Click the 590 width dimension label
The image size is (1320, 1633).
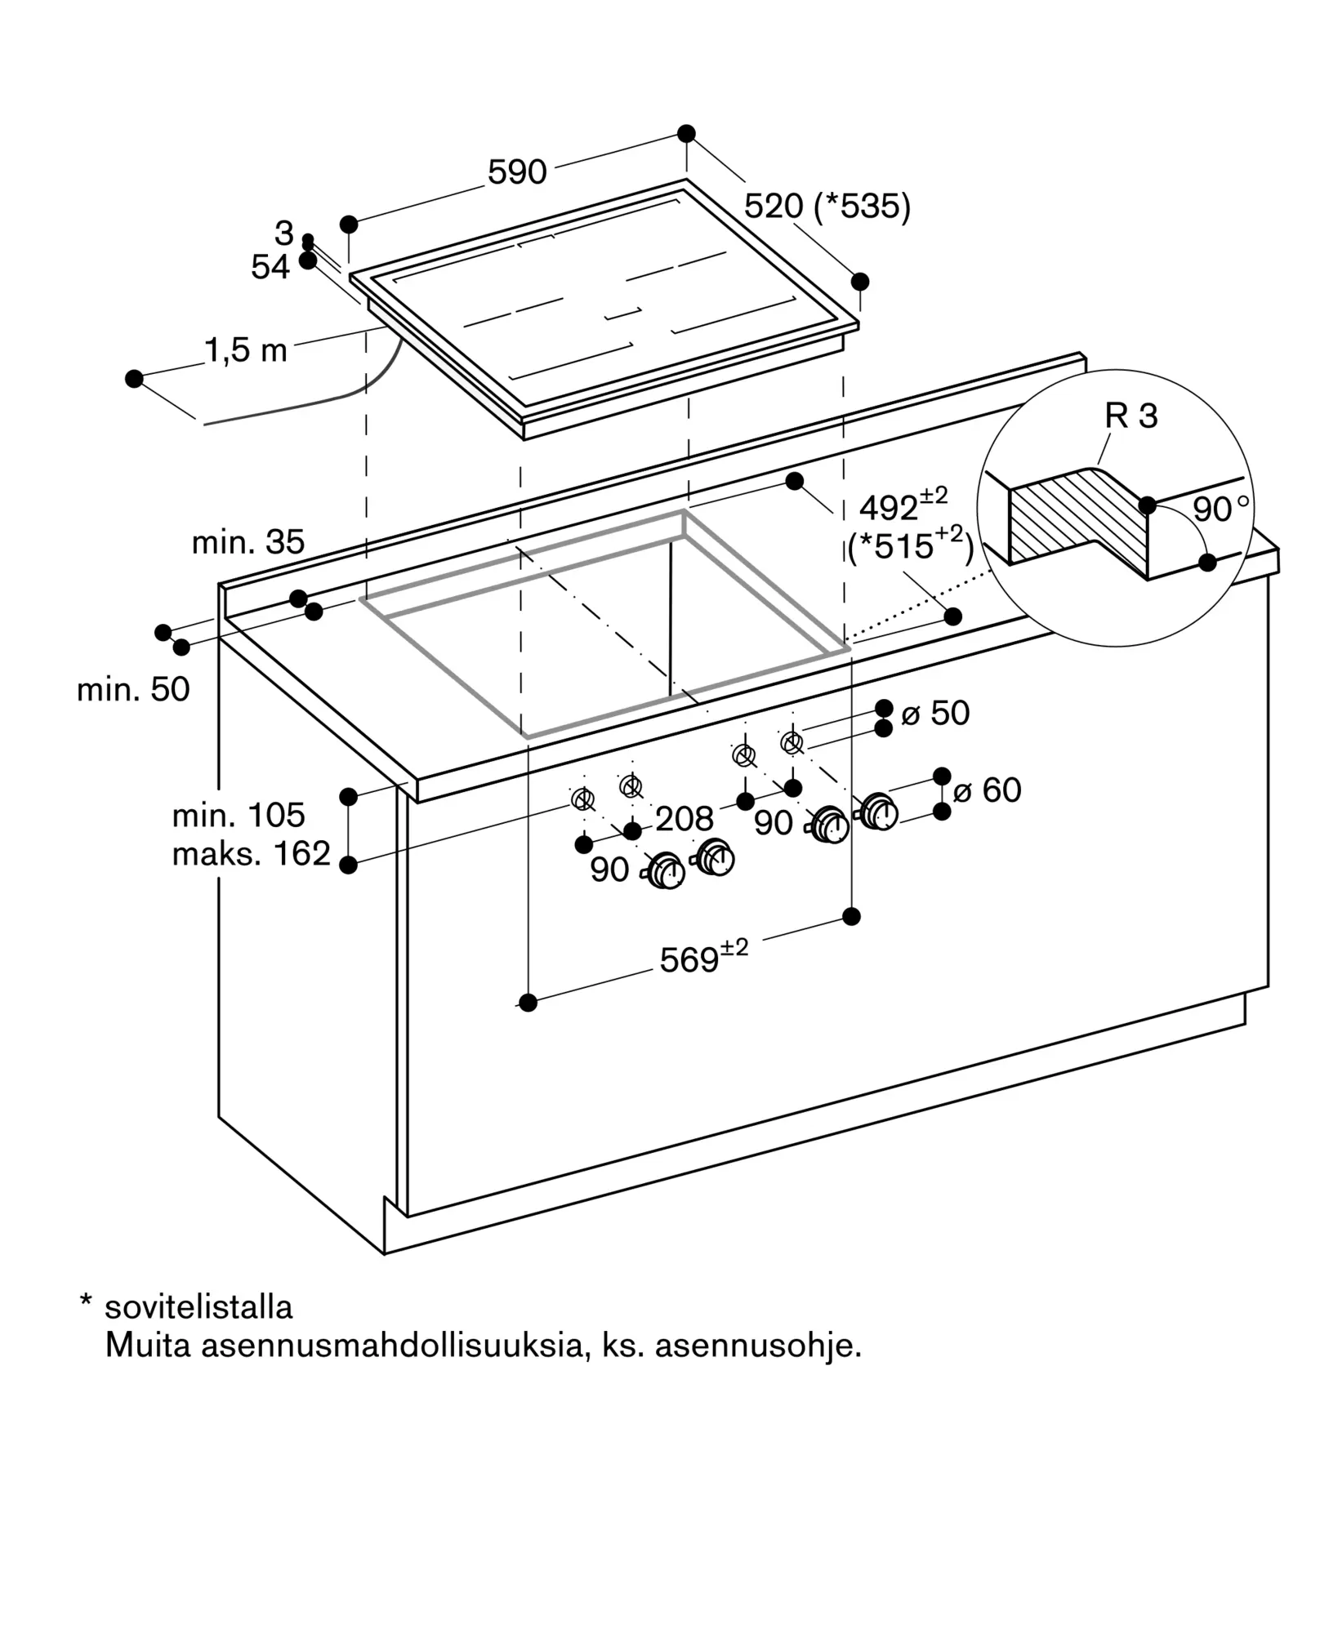[517, 172]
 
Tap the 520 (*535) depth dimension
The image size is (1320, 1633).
[827, 207]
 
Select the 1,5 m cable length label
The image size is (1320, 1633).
[246, 350]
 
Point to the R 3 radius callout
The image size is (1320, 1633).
[1131, 416]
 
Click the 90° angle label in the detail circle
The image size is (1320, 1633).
[1221, 509]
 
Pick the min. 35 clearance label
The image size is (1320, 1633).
[248, 542]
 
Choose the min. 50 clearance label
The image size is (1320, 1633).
[133, 690]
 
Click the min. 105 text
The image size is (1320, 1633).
[239, 815]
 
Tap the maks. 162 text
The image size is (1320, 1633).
[252, 854]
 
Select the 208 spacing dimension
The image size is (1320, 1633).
[685, 818]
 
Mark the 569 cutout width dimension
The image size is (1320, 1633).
[704, 957]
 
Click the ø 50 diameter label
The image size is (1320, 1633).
[935, 714]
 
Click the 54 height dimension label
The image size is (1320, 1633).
[270, 267]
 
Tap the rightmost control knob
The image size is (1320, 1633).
[878, 812]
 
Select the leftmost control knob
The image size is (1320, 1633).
[666, 870]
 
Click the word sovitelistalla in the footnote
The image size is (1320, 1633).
[198, 1307]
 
